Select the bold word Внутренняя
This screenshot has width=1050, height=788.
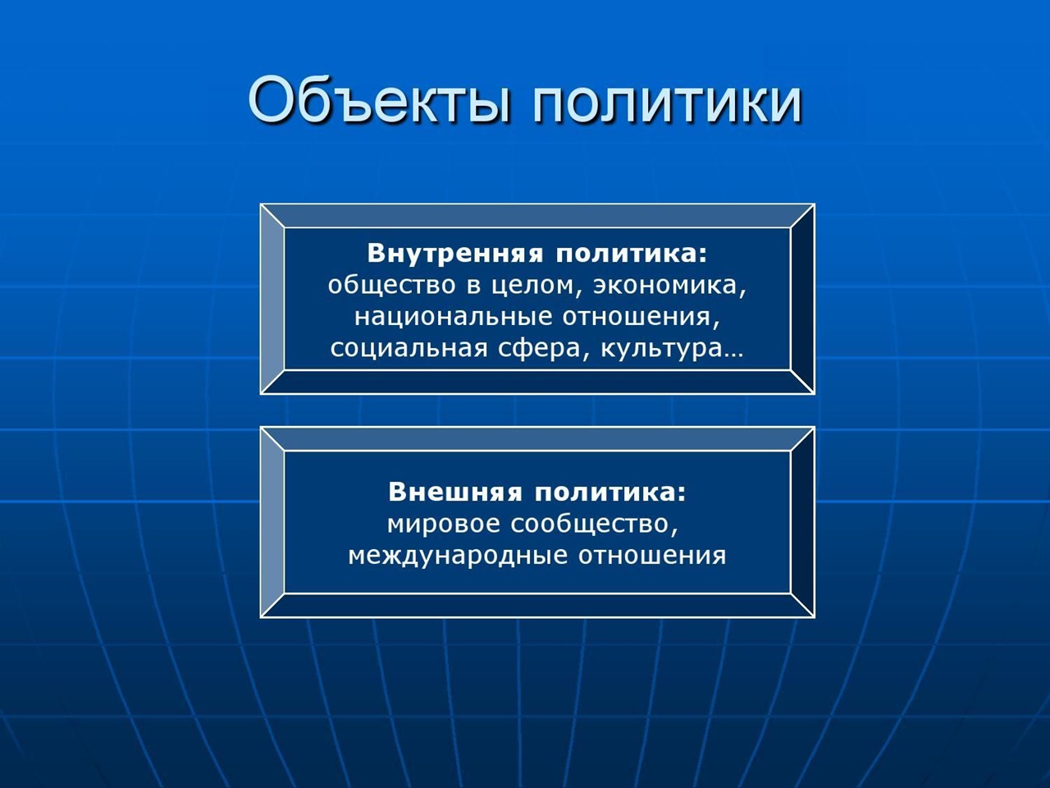click(x=455, y=254)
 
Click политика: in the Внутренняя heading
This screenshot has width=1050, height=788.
click(x=631, y=254)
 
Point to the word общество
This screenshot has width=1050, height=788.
click(x=392, y=285)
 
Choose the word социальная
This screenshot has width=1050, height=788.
click(x=409, y=349)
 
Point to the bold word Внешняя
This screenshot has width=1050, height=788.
click(x=455, y=492)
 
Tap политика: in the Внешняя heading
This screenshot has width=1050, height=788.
click(x=610, y=492)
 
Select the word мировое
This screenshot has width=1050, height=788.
click(x=443, y=525)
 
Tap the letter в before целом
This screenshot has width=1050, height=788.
click(x=473, y=286)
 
